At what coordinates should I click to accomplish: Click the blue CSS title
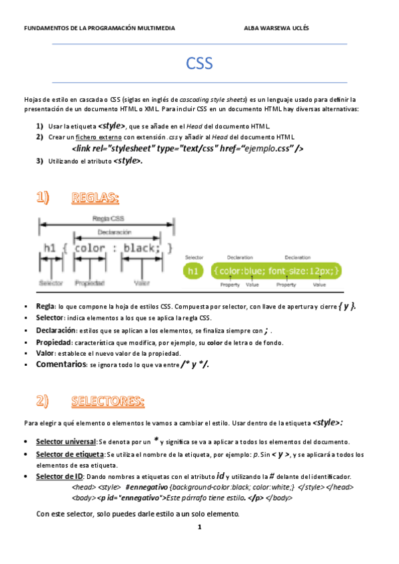tap(199, 63)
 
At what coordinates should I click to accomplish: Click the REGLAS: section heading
tap(95, 198)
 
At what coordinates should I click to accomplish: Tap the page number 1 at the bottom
tap(199, 527)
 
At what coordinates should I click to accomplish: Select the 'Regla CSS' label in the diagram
tap(107, 218)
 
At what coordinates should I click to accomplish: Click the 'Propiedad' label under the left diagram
tap(89, 283)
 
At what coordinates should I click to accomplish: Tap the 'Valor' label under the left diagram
tap(141, 283)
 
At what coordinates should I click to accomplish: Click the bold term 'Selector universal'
tap(66, 442)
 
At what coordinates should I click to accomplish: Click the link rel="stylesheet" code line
tap(187, 148)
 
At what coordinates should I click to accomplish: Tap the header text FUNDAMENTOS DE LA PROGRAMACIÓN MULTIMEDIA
tap(99, 29)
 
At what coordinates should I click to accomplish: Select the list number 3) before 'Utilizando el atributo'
tap(39, 161)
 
